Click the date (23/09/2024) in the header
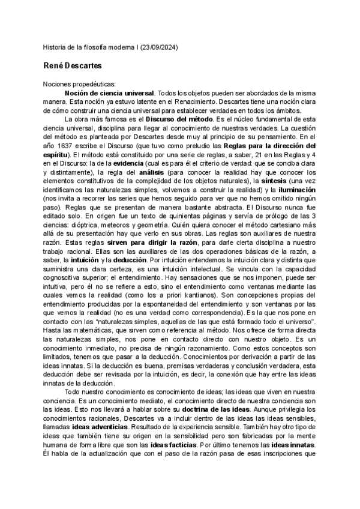pos(158,47)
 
